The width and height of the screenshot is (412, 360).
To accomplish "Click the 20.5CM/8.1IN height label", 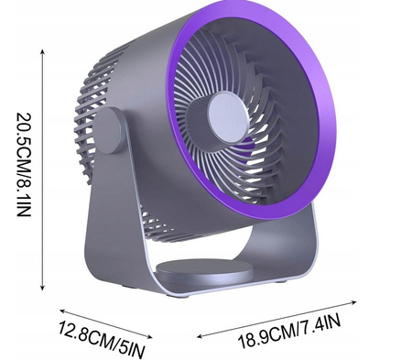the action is [x=24, y=165].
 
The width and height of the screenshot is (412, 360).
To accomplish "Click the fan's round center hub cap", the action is [x=228, y=117].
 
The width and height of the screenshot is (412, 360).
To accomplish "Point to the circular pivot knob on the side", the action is [x=109, y=130].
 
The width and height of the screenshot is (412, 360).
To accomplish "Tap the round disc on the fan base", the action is [x=204, y=270].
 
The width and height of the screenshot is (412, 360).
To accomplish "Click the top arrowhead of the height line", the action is [x=43, y=51].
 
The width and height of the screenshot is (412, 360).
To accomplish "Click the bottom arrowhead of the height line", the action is [x=43, y=287].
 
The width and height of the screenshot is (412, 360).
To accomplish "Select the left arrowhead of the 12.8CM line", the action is [x=62, y=311].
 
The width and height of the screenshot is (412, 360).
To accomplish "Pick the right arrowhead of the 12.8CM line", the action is [x=149, y=337].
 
